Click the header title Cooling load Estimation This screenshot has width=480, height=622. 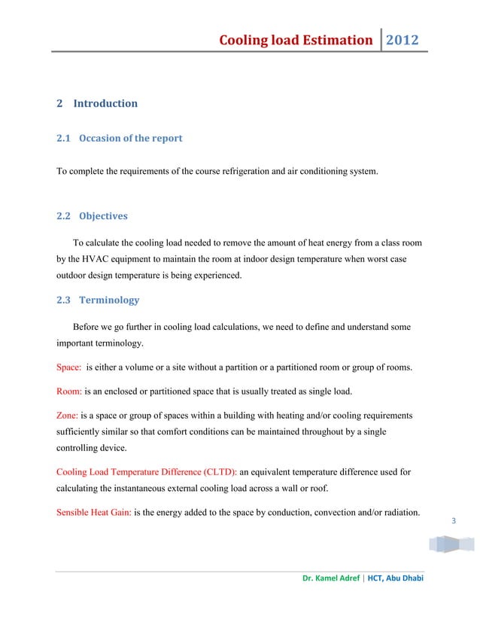point(296,40)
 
